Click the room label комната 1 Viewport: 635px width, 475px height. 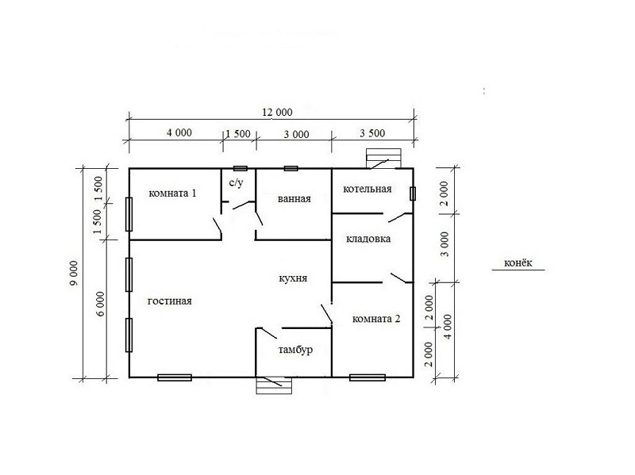[x=172, y=193]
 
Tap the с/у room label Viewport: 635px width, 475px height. [x=236, y=183]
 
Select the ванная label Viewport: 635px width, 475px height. [x=294, y=199]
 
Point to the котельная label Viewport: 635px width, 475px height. [x=368, y=189]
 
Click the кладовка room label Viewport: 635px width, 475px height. [x=368, y=239]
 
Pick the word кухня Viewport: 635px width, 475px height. [x=293, y=278]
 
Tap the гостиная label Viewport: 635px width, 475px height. [x=170, y=301]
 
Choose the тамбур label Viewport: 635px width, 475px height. [x=295, y=350]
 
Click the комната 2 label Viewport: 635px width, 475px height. [x=376, y=319]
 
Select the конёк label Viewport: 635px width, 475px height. [x=518, y=263]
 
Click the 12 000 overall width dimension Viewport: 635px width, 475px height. [x=277, y=112]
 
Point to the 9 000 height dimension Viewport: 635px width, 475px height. [x=74, y=273]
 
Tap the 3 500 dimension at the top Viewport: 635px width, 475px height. [x=372, y=133]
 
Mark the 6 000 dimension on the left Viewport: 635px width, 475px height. [x=100, y=304]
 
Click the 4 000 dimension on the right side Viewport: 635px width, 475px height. [x=447, y=327]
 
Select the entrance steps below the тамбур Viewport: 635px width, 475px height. [x=274, y=385]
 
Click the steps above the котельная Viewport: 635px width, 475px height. [x=383, y=158]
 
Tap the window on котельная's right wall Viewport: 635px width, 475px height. [x=413, y=193]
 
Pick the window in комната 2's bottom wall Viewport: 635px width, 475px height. [x=368, y=377]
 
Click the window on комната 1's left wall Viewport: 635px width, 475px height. [x=129, y=214]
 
